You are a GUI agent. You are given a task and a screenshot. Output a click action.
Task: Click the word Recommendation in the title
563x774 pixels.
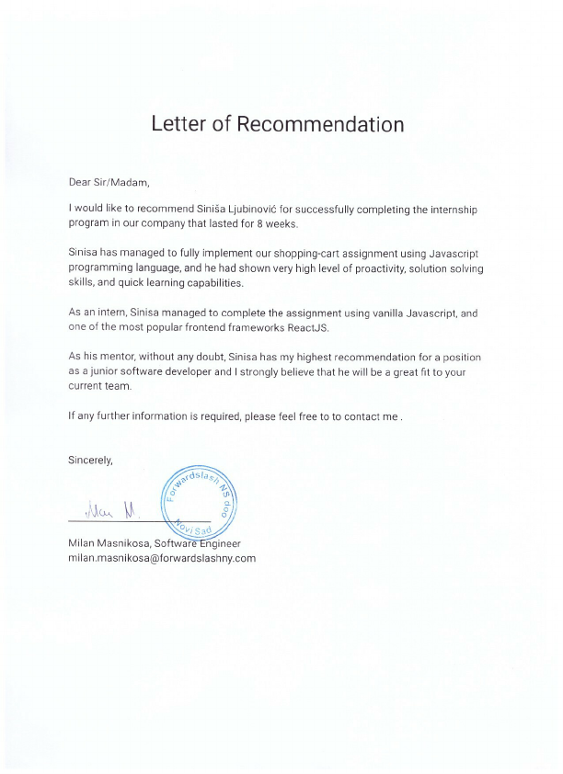point(321,124)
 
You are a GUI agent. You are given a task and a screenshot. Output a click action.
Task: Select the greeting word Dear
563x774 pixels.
point(81,182)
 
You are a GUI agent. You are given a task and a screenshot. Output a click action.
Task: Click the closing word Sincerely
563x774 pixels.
point(91,461)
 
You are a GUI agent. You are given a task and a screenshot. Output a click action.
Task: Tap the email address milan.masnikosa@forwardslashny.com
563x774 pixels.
point(162,558)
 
